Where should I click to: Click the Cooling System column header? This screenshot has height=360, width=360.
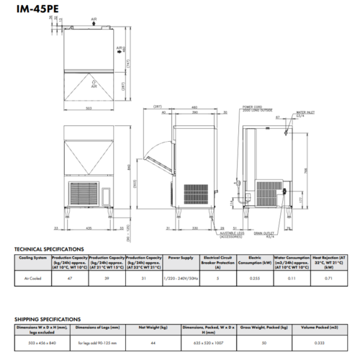[x=33, y=256]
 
